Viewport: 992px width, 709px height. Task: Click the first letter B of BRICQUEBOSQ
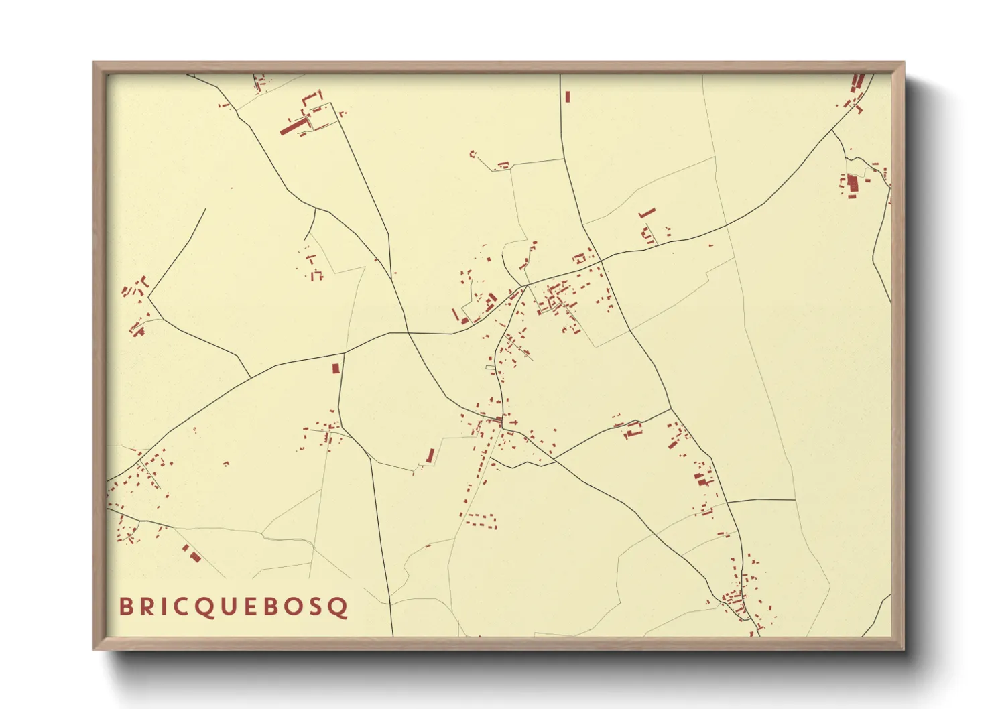tap(125, 606)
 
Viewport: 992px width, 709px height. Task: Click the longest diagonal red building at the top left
tap(292, 126)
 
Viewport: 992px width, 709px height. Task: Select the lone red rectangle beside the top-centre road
tap(568, 96)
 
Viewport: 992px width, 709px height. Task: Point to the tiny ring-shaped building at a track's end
tap(473, 154)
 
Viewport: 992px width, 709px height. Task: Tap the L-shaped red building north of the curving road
tap(647, 214)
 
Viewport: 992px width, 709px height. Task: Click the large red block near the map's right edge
tap(853, 183)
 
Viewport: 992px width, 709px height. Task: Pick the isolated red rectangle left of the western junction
tap(336, 368)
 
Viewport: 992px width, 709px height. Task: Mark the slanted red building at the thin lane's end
tap(430, 456)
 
